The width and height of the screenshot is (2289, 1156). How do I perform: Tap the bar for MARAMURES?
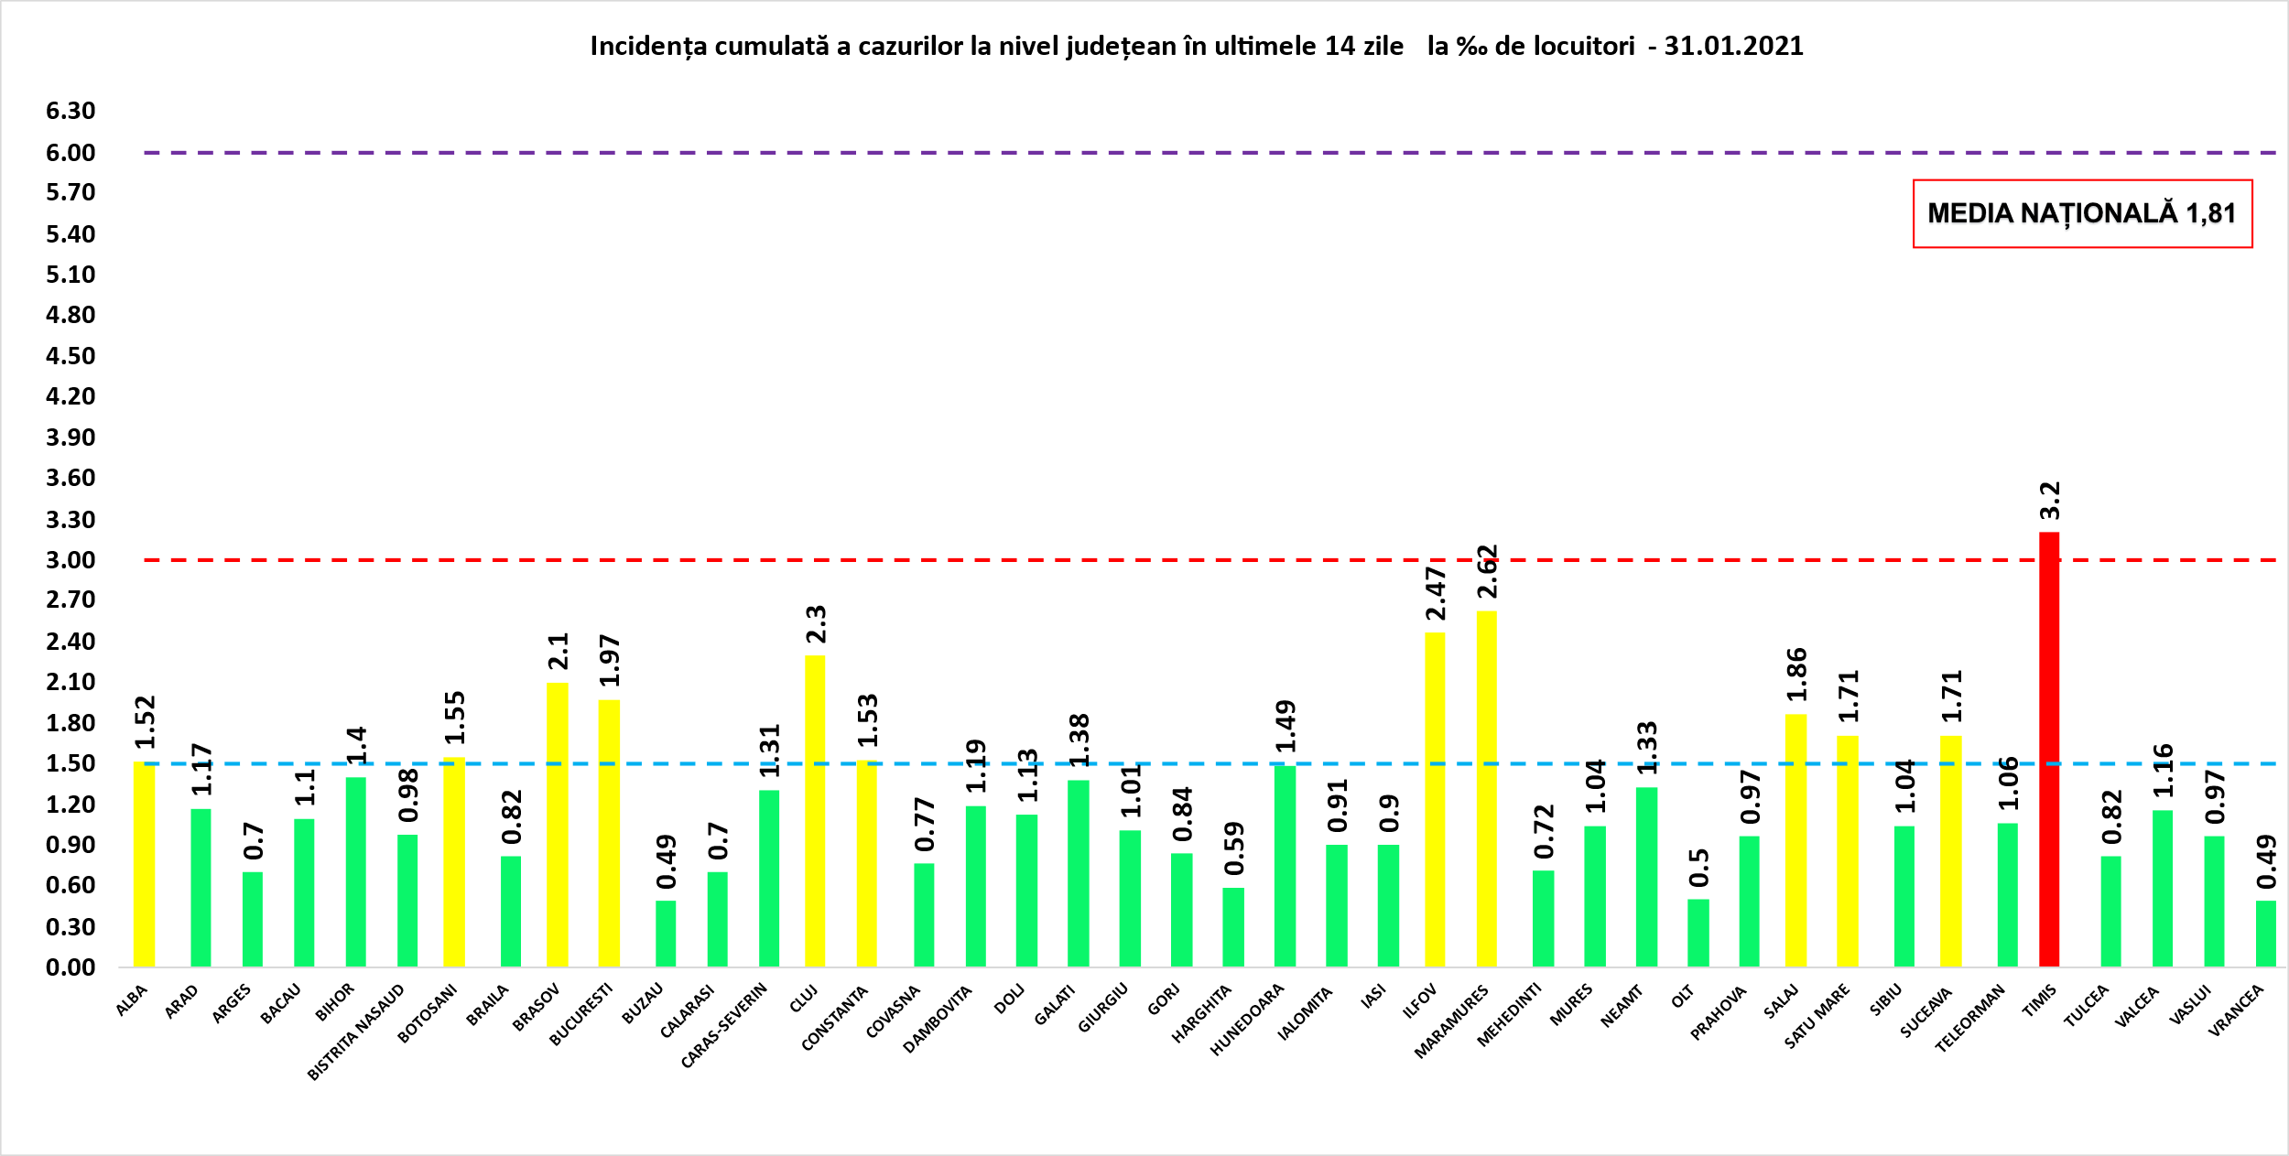1487,788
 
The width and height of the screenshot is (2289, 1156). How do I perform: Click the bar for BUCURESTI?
609,833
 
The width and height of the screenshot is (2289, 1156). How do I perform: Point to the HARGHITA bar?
1233,926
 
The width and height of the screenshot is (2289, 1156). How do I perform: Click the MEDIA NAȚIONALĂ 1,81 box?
2082,213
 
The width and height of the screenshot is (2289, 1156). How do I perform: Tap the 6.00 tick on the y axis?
71,153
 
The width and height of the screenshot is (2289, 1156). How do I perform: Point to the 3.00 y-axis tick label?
71,560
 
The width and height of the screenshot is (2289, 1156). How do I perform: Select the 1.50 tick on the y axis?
71,763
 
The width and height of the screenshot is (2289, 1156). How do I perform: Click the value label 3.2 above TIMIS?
2050,501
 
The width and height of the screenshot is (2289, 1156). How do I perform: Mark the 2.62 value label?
1488,572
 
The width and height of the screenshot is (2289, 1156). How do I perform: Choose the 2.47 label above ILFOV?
1436,593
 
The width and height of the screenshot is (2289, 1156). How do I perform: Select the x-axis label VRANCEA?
2236,1010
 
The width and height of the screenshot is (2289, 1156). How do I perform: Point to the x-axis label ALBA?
132,1001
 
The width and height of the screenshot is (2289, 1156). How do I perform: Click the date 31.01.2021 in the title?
1733,47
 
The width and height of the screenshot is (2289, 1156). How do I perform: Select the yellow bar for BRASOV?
558,824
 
